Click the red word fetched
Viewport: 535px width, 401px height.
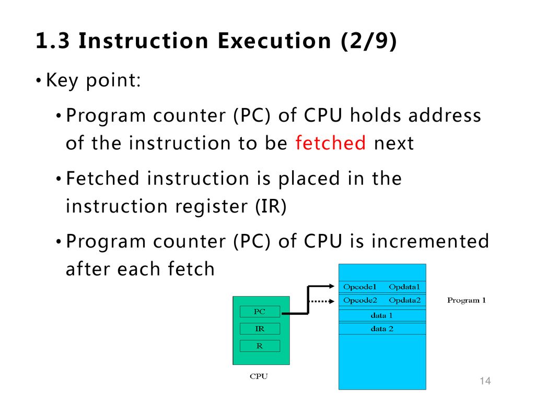pos(330,143)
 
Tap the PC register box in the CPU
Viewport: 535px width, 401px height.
pos(260,311)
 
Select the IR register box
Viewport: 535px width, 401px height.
pos(260,329)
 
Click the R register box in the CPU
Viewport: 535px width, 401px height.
pos(260,346)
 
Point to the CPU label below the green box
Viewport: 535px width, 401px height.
pos(259,376)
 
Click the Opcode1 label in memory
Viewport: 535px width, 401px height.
pos(359,287)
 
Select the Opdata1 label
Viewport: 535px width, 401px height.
pos(404,287)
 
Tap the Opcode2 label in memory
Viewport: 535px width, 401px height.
pos(360,300)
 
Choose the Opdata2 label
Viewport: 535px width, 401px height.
pos(405,300)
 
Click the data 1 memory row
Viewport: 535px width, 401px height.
pos(382,315)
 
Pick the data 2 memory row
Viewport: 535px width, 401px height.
pos(382,329)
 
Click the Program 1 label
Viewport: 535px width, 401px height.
pos(467,300)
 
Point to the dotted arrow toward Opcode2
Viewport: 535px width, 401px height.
pos(321,301)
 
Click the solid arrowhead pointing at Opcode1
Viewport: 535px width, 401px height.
pos(331,286)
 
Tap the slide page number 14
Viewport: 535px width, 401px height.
pos(485,381)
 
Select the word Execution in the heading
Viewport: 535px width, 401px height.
pos(274,41)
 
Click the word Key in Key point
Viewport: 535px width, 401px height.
pos(62,81)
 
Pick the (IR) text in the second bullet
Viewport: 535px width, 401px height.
pos(271,206)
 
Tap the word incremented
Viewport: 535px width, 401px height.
pos(431,241)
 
